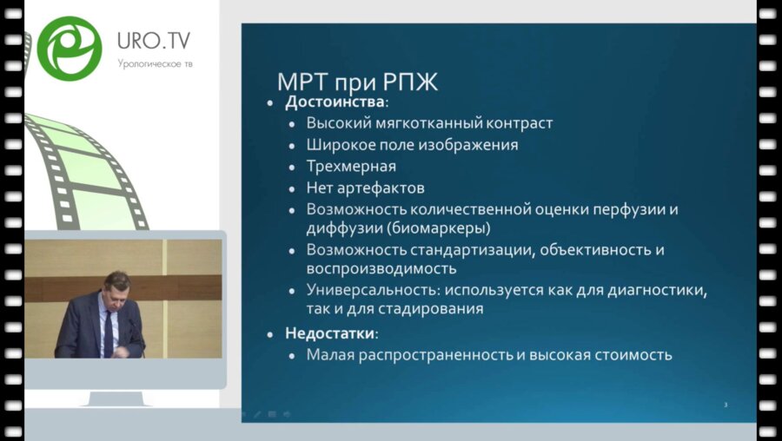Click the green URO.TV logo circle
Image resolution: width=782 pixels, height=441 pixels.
tap(70, 49)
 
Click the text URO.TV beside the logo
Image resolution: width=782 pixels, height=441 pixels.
tap(154, 41)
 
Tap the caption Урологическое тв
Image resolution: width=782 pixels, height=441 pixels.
tap(156, 63)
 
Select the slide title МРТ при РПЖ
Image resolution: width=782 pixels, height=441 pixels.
tap(357, 82)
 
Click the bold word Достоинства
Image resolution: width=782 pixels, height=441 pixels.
tap(335, 102)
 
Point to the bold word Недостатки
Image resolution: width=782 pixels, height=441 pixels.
tap(329, 332)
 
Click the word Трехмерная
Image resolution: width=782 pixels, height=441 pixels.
tap(351, 167)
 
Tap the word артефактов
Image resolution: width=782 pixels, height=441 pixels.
tap(381, 188)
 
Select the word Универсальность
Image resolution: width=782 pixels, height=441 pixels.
tap(373, 290)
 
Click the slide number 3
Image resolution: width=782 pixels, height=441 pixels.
tap(726, 405)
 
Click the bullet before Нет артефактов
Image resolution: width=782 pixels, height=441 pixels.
tap(293, 188)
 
